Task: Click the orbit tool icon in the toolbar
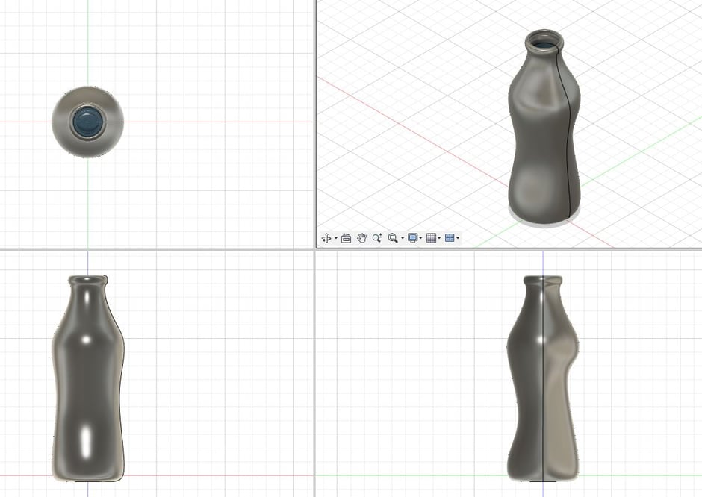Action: pyautogui.click(x=326, y=238)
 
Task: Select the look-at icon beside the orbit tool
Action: pyautogui.click(x=347, y=238)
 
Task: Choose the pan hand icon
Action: pyautogui.click(x=361, y=238)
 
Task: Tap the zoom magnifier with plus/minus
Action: pyautogui.click(x=377, y=238)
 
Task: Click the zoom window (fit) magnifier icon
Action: pyautogui.click(x=393, y=238)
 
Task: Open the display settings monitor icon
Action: pyautogui.click(x=412, y=238)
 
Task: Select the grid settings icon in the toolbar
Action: pyautogui.click(x=431, y=238)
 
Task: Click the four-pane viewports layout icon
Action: pyautogui.click(x=450, y=238)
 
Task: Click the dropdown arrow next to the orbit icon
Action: pyautogui.click(x=336, y=239)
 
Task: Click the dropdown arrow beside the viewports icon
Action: pyautogui.click(x=458, y=239)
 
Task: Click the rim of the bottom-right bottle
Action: pyautogui.click(x=543, y=280)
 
